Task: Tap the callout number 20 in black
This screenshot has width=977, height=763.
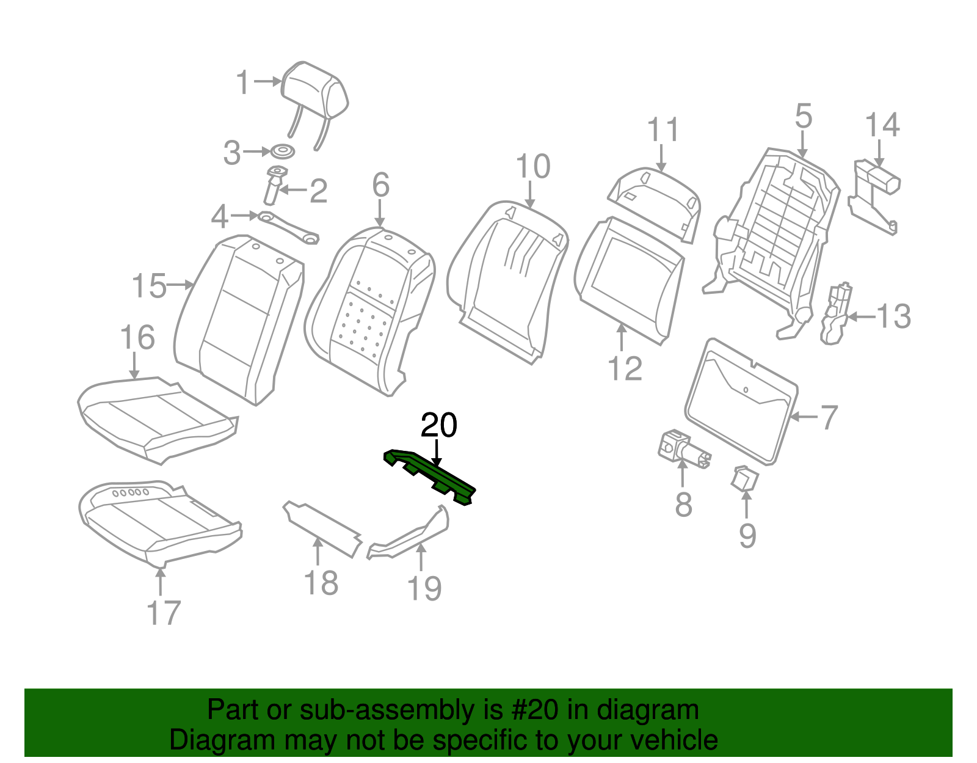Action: pyautogui.click(x=439, y=425)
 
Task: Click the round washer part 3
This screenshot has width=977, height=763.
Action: pyautogui.click(x=283, y=152)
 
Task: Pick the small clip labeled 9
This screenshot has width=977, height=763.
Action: pyautogui.click(x=744, y=478)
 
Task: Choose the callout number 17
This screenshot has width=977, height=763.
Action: pyautogui.click(x=164, y=612)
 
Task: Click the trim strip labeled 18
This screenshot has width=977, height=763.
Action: pyautogui.click(x=321, y=528)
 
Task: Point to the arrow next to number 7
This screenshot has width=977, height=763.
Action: pyautogui.click(x=804, y=417)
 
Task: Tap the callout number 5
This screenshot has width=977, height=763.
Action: pyautogui.click(x=804, y=116)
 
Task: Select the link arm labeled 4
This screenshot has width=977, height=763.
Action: pyautogui.click(x=288, y=227)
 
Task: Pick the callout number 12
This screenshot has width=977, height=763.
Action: pyautogui.click(x=625, y=369)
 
